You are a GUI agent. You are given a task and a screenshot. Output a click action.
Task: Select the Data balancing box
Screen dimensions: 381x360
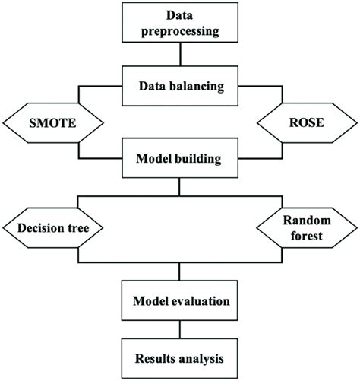coord(179,86)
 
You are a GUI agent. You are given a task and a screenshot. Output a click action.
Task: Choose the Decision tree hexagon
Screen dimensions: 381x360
coord(52,227)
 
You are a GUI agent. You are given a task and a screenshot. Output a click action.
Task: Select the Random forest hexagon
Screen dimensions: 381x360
coord(308,227)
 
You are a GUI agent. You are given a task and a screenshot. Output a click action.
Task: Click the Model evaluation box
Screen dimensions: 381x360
coord(179,300)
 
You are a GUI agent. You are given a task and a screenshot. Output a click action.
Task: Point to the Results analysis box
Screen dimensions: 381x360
coord(179,356)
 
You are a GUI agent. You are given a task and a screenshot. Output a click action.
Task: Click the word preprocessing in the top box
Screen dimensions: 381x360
coord(179,33)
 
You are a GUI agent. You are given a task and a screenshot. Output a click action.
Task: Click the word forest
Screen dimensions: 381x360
coord(308,236)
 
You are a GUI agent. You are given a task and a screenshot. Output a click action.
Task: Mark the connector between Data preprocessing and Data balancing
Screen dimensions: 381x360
coord(179,55)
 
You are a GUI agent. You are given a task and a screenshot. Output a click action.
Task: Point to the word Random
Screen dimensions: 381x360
coord(308,220)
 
